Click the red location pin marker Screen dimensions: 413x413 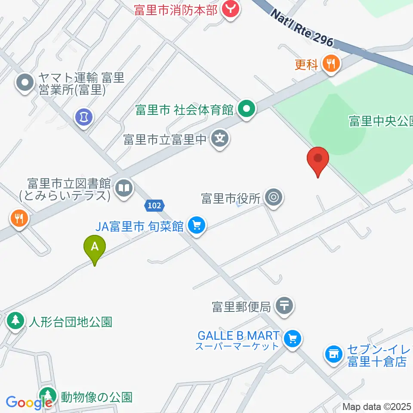click(318, 160)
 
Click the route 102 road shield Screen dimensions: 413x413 click(154, 206)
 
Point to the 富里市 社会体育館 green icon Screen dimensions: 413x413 click(246, 110)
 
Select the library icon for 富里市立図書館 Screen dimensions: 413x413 click(124, 188)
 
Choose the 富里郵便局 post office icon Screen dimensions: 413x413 click(284, 306)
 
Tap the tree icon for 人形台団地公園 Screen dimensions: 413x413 click(15, 321)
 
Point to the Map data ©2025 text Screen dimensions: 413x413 click(377, 406)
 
